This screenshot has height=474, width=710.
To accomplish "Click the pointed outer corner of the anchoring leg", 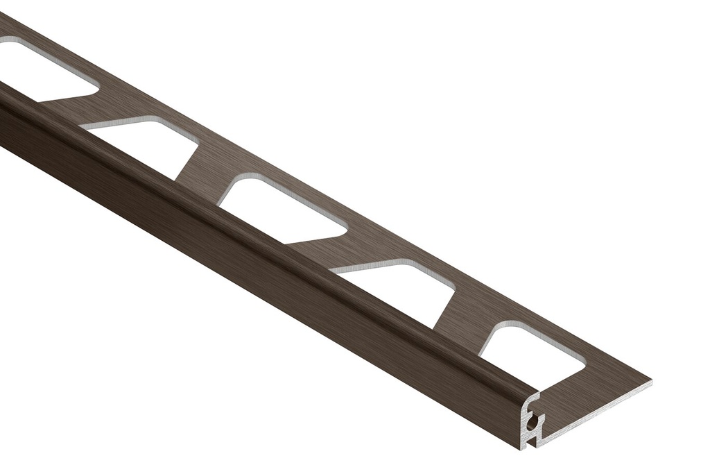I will [650, 380].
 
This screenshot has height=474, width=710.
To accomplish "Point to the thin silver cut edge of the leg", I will [596, 409].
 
